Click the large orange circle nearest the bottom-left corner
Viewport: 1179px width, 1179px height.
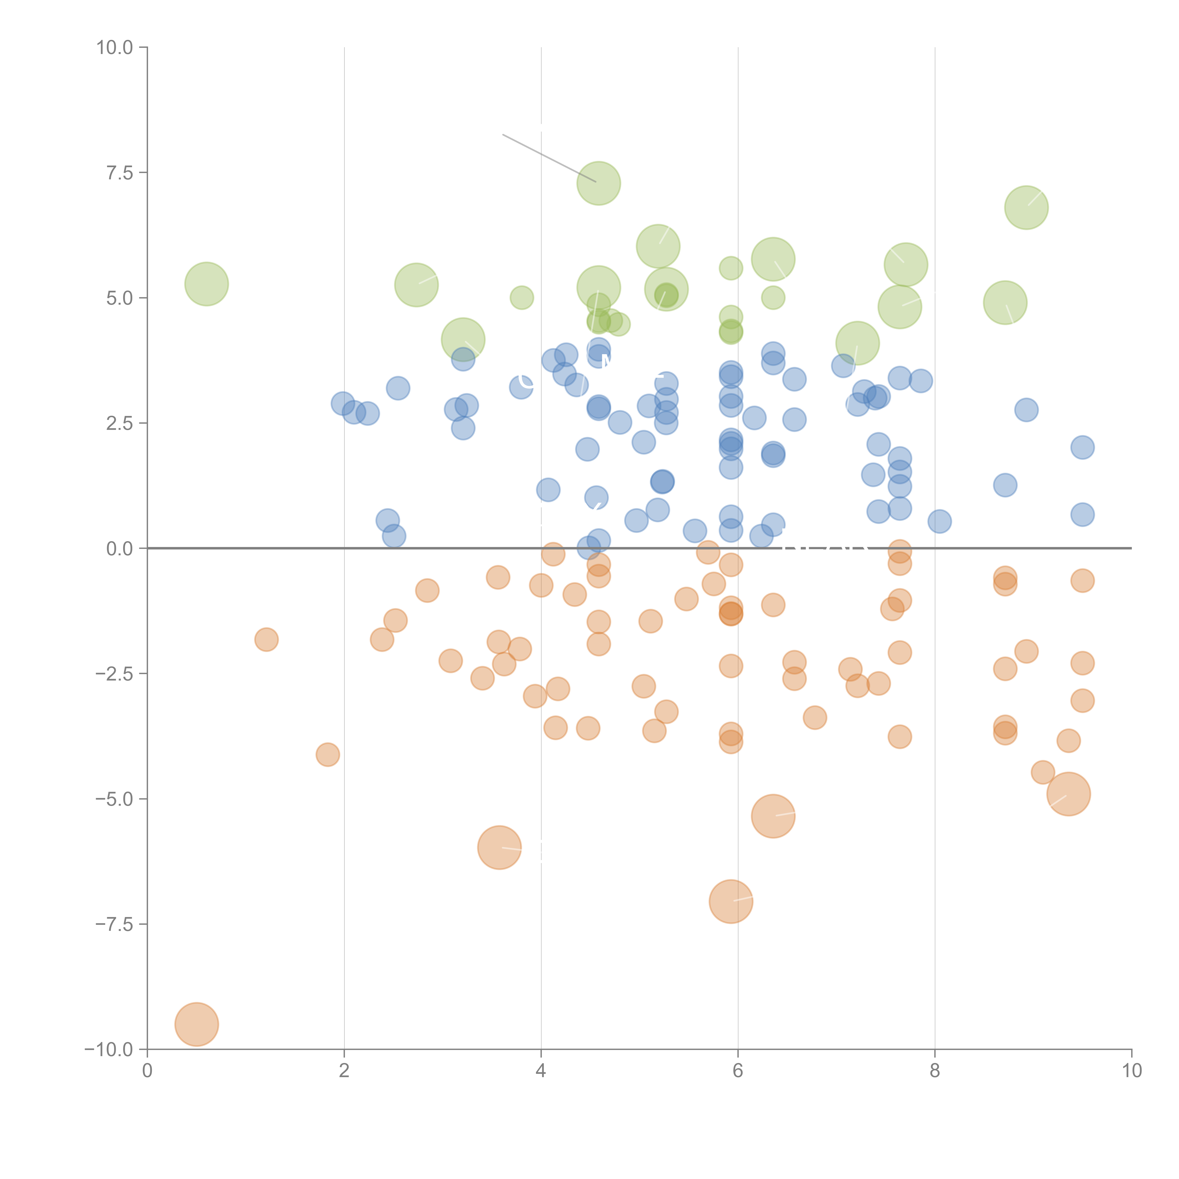pyautogui.click(x=196, y=1024)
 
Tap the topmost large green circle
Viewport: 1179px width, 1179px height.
pyautogui.click(x=599, y=183)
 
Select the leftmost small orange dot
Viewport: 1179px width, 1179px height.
pyautogui.click(x=266, y=639)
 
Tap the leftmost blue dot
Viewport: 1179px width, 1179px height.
pyautogui.click(x=343, y=403)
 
